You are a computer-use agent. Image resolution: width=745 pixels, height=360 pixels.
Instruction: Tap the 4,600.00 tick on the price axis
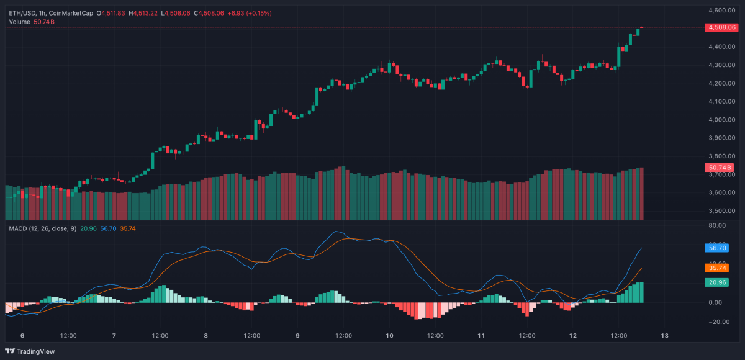[722, 11]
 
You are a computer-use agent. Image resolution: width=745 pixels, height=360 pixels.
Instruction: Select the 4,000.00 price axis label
[722, 120]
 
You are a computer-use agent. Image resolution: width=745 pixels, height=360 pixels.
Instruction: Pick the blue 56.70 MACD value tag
[717, 248]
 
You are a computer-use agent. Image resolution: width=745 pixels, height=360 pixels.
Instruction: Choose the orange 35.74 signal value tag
[717, 268]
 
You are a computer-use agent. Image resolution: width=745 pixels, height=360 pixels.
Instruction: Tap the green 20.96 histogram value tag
[717, 282]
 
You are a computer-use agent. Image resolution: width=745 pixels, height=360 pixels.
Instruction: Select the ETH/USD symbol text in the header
[22, 13]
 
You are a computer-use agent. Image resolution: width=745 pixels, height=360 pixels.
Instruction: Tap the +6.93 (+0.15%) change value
[250, 13]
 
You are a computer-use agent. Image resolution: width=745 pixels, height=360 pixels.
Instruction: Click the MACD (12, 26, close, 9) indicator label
[43, 228]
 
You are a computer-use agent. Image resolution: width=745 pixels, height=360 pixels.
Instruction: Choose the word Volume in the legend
[19, 22]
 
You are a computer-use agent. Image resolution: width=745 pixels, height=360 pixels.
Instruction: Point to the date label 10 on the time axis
[389, 335]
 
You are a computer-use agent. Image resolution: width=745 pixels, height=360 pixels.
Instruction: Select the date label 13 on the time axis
[664, 335]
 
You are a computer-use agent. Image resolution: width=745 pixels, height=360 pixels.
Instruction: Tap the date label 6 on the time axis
[22, 335]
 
